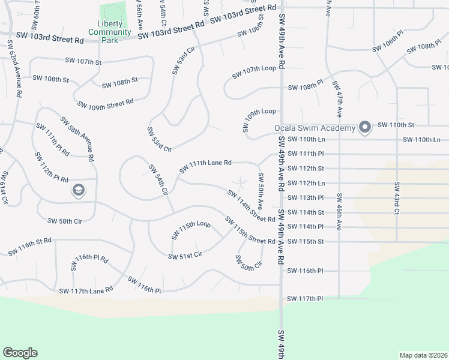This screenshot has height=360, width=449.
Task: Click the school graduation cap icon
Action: [x=78, y=191]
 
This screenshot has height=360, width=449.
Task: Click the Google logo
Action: [x=20, y=352]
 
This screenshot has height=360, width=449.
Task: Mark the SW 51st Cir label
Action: [x=185, y=255]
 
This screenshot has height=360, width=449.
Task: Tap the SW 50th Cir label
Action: [x=249, y=263]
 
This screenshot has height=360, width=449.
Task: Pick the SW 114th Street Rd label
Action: [x=250, y=206]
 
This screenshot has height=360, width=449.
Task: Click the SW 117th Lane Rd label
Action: [x=86, y=290]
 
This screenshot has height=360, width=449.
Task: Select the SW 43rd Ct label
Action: [x=397, y=197]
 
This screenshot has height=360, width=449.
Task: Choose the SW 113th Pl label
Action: [x=306, y=197]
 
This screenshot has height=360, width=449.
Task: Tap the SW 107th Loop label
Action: [x=255, y=68]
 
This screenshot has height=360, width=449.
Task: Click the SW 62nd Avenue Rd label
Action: [x=14, y=70]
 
